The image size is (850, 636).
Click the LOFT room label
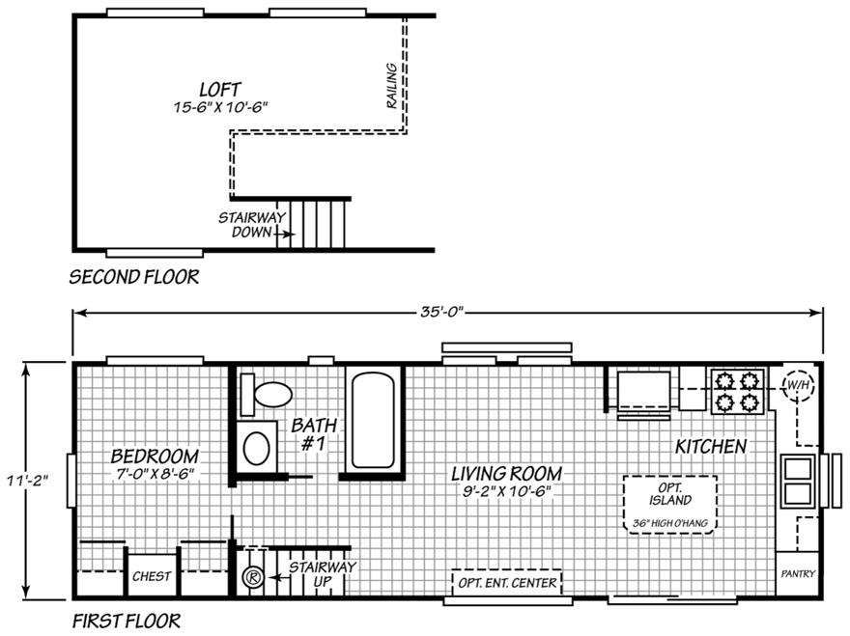220,89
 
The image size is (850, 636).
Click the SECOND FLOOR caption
134,278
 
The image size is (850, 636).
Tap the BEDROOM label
155,456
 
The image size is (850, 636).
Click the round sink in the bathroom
257,448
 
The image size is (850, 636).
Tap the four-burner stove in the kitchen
737,390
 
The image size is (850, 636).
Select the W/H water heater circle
798,386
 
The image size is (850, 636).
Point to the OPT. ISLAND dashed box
669,503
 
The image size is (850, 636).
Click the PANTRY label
798,574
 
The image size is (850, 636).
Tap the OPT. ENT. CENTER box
507,583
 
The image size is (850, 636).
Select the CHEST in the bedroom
153,576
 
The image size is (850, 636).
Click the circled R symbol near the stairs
251,579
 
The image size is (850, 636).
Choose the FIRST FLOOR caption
126,620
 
